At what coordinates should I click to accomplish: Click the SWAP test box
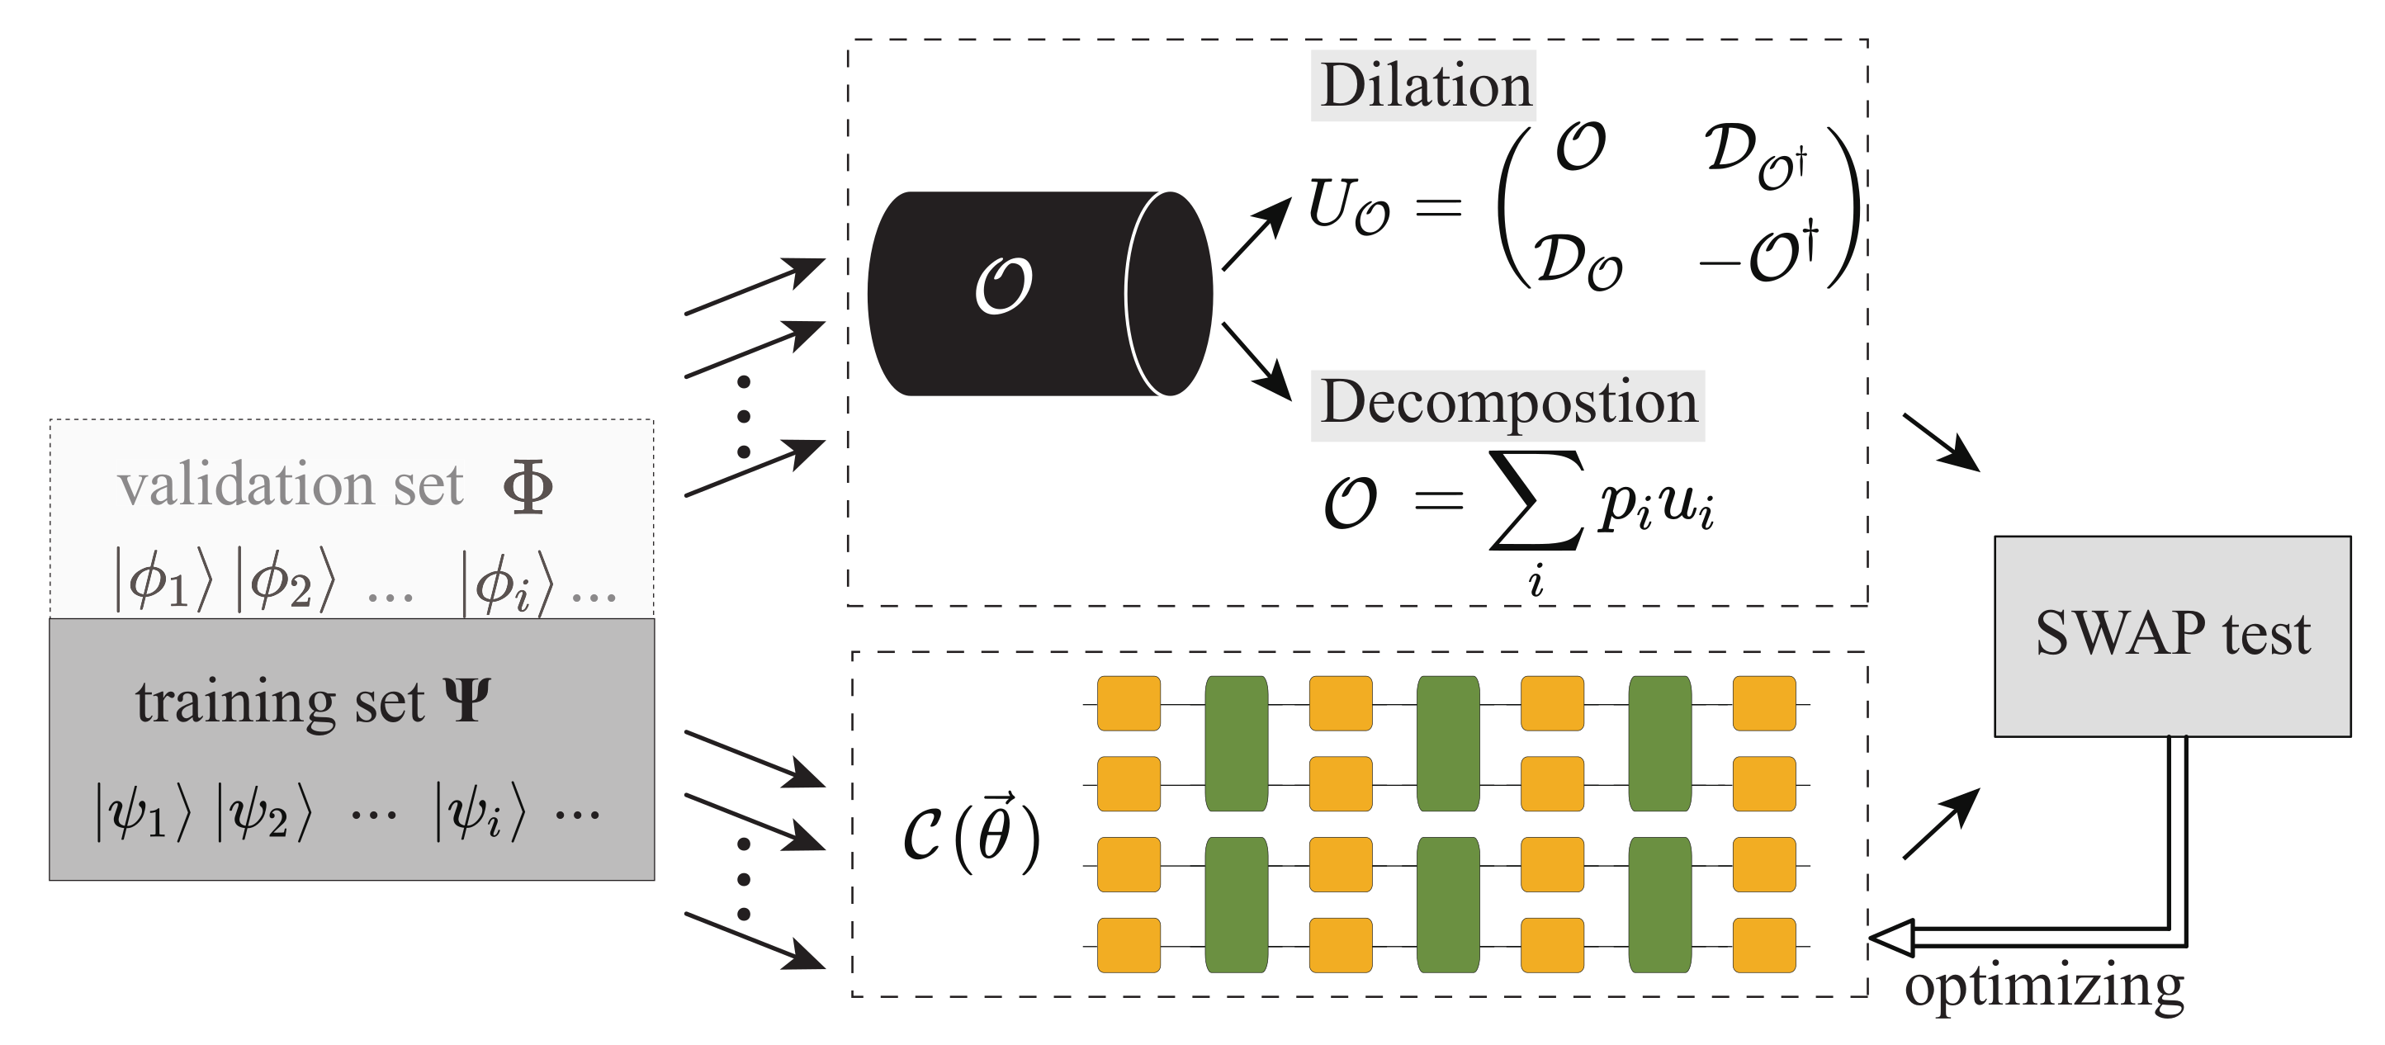pos(2171,636)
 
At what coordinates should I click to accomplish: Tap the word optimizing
pos(2043,986)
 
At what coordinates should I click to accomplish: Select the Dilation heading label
pos(1423,86)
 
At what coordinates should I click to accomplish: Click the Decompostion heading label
pos(1507,404)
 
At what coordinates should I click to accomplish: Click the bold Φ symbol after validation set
pos(528,487)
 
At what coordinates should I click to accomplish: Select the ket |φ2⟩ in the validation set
pos(285,580)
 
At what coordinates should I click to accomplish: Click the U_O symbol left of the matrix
pos(1347,206)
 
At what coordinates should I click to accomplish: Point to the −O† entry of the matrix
pos(1758,254)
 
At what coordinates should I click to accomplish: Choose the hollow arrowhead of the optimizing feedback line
pos(1891,938)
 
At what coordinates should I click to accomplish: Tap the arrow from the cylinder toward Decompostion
pos(1256,360)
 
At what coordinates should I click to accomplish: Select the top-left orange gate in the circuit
pos(1129,703)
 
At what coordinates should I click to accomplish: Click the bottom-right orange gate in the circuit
pos(1763,945)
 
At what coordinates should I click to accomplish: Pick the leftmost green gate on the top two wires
pos(1236,743)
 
